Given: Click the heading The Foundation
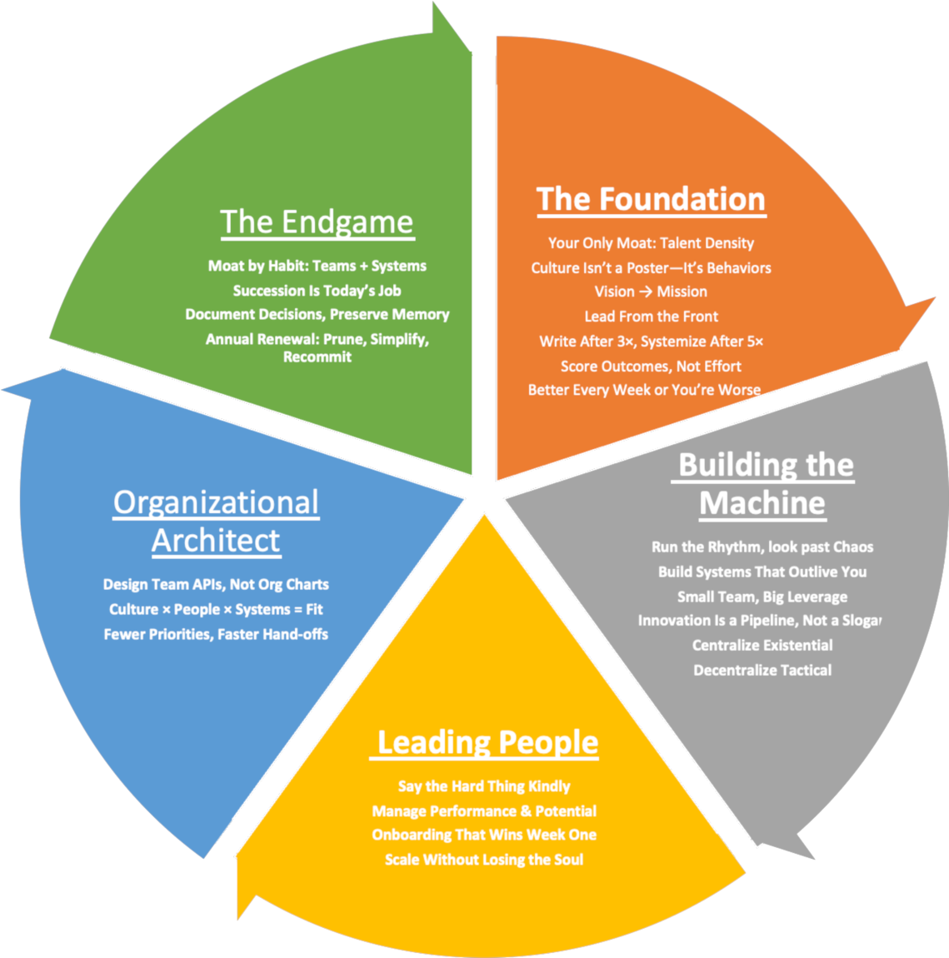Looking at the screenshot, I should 651,200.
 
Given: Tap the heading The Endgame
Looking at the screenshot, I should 317,222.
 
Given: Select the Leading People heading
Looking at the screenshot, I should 487,742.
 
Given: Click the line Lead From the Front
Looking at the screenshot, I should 651,317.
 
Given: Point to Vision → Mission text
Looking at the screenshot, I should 651,292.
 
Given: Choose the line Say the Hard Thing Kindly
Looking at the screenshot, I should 484,786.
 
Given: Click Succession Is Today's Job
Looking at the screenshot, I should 317,291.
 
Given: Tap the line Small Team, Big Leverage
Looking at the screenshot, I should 762,597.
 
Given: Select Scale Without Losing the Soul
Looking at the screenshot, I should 484,860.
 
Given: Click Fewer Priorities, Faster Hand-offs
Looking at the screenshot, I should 216,635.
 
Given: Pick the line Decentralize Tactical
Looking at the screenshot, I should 762,671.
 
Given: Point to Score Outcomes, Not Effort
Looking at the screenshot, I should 651,367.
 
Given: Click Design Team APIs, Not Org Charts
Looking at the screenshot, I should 216,585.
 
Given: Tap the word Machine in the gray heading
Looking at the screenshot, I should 762,503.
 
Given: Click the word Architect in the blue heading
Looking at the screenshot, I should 216,541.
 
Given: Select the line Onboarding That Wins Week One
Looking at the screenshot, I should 484,835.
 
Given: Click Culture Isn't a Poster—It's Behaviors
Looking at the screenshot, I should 651,268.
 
